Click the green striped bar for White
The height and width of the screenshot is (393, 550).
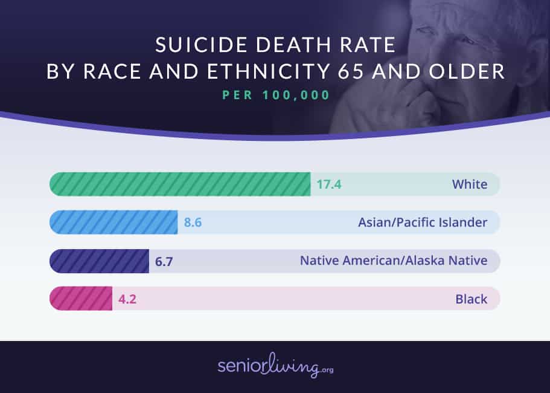[x=179, y=184]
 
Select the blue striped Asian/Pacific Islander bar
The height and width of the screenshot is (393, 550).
[x=113, y=222]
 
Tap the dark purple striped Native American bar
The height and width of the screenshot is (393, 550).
[x=99, y=261]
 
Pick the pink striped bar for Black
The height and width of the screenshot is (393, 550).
[x=80, y=299]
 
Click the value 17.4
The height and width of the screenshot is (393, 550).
[x=329, y=184]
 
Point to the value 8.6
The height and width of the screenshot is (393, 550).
[x=193, y=222]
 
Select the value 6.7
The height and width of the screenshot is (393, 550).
[x=164, y=261]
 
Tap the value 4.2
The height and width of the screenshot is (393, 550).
[x=127, y=299]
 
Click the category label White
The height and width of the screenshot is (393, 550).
[x=469, y=184]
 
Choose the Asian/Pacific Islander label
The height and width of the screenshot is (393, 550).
[x=422, y=222]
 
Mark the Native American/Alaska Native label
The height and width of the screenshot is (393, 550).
[x=393, y=261]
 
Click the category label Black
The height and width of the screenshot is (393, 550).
[x=471, y=299]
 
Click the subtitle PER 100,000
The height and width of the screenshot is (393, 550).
[x=275, y=96]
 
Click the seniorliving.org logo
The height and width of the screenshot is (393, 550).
[x=275, y=366]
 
